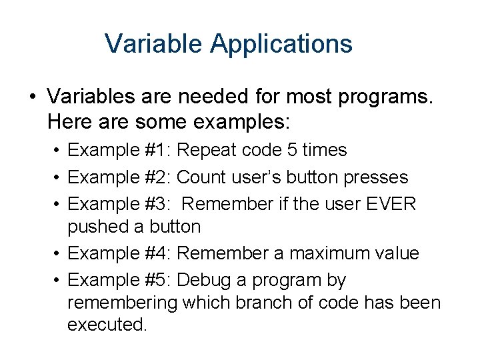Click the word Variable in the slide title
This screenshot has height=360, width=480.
click(154, 44)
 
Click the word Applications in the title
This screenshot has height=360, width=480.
click(281, 45)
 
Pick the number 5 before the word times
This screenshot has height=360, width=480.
click(291, 150)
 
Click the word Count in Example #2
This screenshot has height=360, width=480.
click(202, 177)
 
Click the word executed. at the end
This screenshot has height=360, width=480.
click(107, 325)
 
